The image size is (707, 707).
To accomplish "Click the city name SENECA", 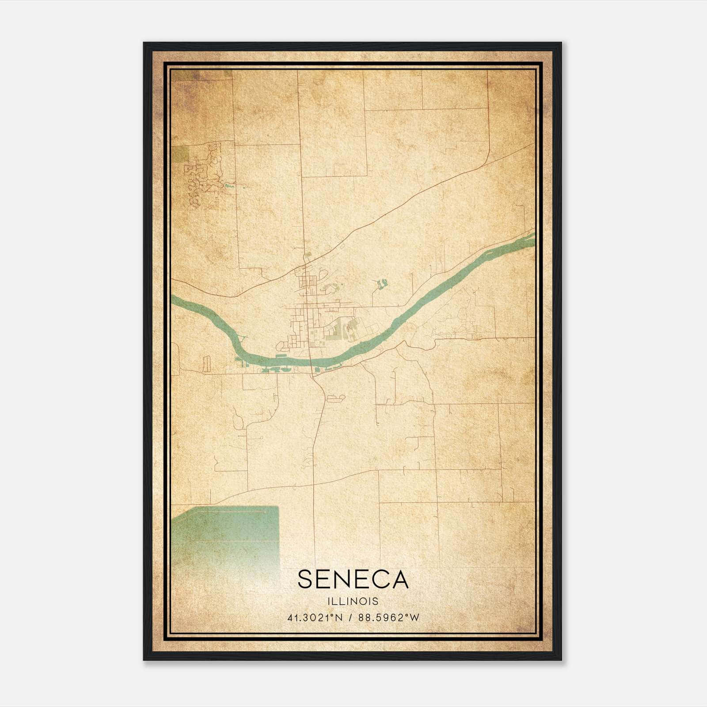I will coord(353,579).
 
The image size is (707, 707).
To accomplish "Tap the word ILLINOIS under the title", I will coord(353,601).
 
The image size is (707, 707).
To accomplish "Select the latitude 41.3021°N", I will coord(315,618).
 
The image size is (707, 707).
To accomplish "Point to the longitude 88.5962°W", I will coord(389,618).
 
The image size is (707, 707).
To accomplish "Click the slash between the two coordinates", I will coord(351,618).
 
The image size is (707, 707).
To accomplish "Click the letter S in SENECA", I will coord(305,579).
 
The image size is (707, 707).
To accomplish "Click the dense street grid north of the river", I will coord(305,283).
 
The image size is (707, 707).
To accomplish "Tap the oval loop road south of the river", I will coord(335,398).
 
